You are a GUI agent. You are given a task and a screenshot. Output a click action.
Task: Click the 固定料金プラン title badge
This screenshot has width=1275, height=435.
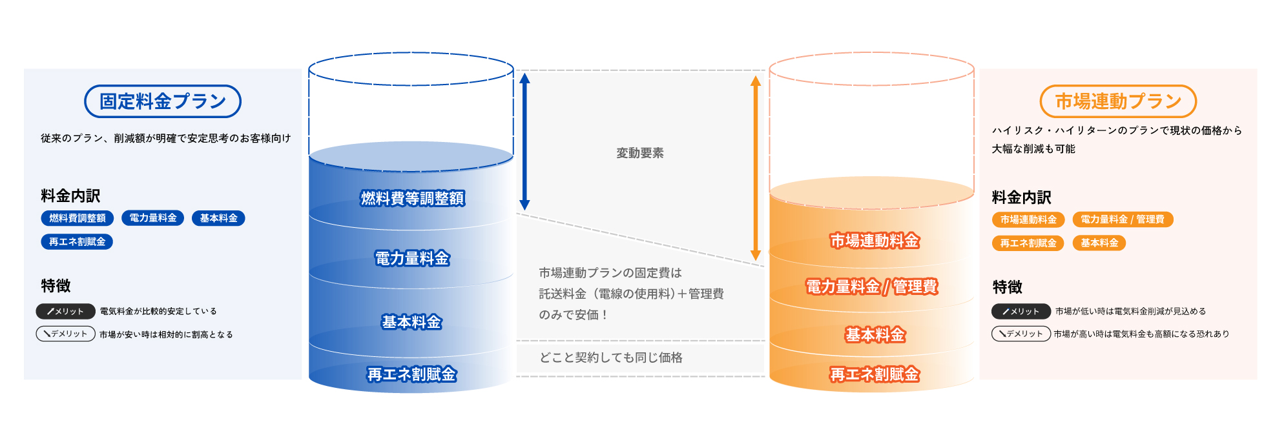163,101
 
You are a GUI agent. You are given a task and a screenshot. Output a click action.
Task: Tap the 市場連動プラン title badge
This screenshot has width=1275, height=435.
1118,101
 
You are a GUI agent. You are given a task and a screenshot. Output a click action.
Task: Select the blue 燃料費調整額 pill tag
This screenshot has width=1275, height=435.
78,218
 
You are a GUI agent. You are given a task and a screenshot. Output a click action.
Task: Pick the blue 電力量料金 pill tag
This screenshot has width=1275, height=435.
153,218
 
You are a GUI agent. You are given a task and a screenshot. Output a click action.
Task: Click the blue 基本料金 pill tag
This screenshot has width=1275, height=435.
218,218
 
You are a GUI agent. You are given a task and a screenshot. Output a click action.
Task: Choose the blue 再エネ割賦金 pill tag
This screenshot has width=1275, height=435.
77,242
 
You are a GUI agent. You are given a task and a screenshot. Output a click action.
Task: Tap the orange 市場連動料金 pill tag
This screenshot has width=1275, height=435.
1028,219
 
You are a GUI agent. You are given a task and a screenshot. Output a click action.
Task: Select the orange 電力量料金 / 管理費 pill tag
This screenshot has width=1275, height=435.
1123,219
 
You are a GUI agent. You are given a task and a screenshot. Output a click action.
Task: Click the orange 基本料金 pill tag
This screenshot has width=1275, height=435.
1099,243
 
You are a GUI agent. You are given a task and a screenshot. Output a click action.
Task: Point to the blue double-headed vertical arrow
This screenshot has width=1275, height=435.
524,141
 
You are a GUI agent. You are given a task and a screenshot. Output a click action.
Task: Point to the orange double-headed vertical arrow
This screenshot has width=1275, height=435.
755,168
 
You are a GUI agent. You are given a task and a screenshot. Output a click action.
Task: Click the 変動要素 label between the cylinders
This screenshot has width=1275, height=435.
639,153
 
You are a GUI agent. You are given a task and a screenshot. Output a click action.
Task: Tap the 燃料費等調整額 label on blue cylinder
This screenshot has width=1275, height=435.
412,198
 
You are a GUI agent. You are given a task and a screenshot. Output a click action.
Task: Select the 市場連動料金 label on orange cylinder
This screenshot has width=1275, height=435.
875,241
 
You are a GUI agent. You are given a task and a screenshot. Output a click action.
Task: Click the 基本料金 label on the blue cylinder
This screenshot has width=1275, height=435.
411,321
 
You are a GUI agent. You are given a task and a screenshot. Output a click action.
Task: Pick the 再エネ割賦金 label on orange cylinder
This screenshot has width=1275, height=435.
875,374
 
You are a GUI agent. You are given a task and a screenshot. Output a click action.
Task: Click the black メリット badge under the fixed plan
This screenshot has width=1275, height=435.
66,311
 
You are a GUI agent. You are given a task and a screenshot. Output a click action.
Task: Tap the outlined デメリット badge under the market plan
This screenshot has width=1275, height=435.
1021,334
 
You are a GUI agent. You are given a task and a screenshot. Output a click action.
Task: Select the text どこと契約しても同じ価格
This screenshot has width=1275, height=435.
611,358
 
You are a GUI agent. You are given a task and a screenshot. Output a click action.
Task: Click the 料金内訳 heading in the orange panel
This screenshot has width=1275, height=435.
1022,197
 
